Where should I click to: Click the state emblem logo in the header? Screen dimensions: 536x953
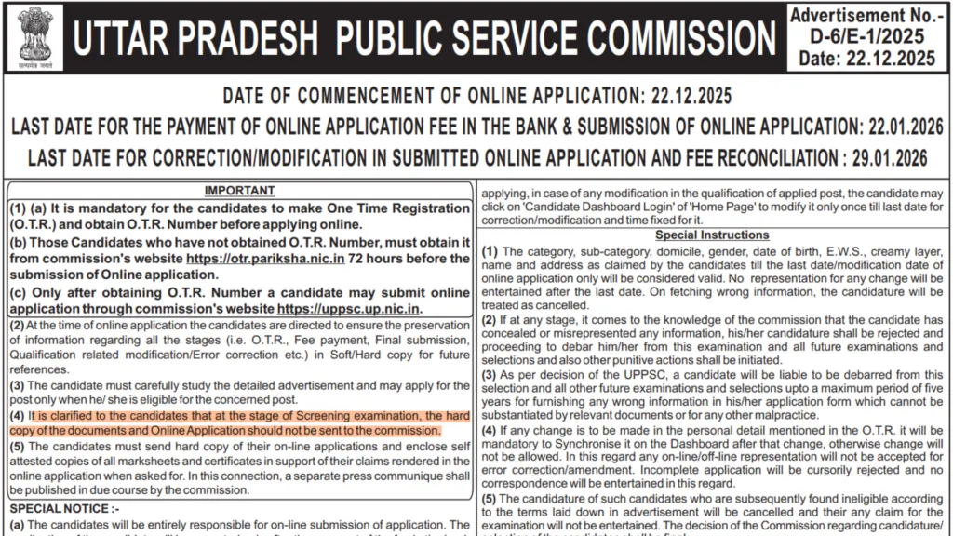[x=33, y=38]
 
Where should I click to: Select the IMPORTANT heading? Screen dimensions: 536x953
[x=239, y=192]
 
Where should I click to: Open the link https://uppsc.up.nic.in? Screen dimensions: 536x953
[x=349, y=308]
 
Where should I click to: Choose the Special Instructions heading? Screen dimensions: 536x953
[x=712, y=235]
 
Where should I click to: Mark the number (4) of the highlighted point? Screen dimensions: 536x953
[x=18, y=416]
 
